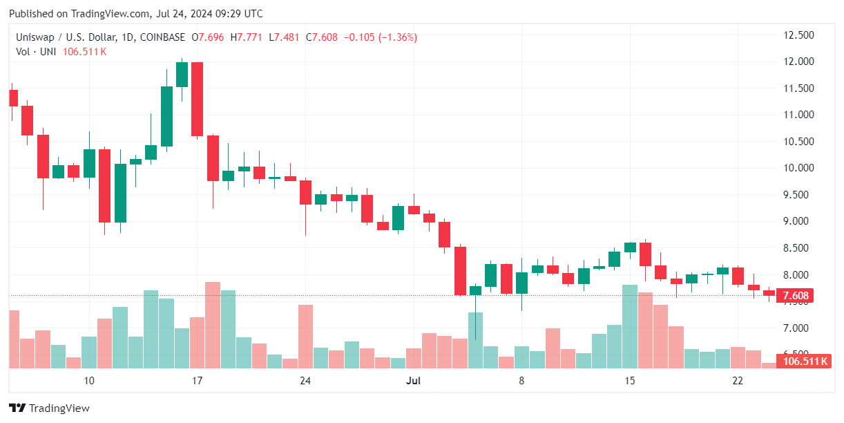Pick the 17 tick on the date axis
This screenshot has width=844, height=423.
tap(197, 381)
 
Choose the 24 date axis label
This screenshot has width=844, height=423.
tap(305, 381)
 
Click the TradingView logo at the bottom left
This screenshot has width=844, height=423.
tap(49, 408)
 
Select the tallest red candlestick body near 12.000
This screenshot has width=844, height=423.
tap(197, 99)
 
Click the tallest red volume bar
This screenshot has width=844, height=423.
tap(213, 325)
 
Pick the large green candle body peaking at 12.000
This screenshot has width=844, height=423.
tap(182, 75)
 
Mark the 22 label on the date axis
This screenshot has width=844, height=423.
tap(738, 381)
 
